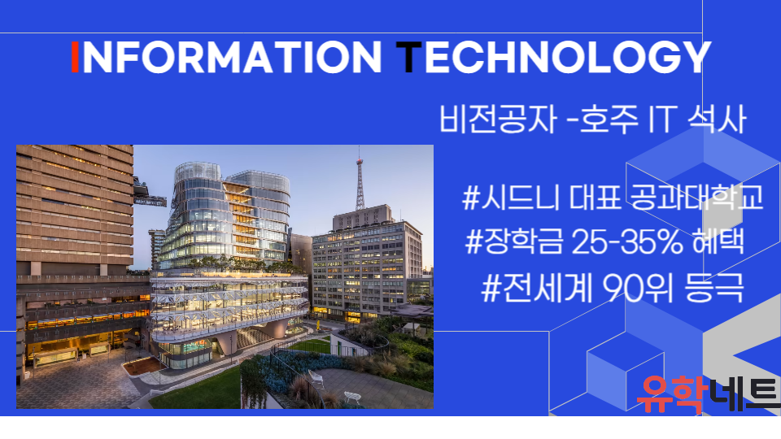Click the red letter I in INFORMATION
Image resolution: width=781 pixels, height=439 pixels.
75,57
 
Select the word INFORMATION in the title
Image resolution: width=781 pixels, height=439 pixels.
227,57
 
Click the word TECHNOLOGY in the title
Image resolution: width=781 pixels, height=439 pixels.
553,57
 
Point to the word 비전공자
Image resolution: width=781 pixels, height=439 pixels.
497,120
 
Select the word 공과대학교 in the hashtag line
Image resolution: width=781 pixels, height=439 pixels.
696,197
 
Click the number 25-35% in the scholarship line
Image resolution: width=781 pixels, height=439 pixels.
626,242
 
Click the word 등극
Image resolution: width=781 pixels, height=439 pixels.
713,288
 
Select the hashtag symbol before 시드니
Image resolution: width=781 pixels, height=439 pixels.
471,198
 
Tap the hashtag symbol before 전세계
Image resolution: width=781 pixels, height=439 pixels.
491,289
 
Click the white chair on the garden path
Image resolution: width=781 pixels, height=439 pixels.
351,397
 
